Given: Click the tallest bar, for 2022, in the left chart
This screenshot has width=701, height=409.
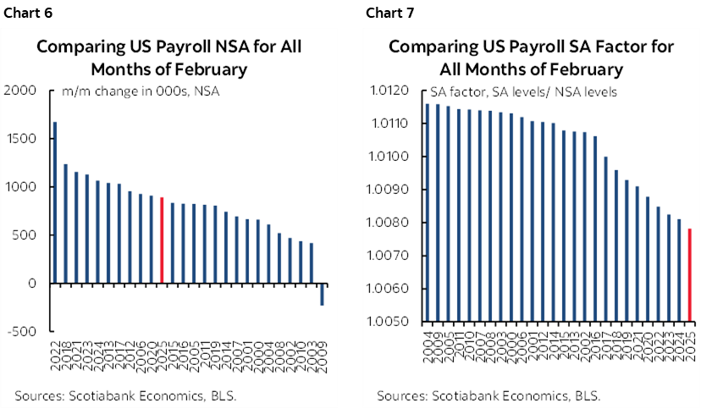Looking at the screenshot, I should [x=55, y=203].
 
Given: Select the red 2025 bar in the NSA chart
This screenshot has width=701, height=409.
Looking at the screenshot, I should [x=162, y=240].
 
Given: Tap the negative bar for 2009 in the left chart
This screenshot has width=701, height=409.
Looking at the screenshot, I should [x=322, y=295].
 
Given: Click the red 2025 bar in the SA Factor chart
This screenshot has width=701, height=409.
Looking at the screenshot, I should [x=690, y=275].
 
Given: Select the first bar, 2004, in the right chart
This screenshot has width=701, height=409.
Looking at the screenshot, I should [x=428, y=213].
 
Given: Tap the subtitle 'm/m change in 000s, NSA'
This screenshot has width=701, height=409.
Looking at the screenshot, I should [x=141, y=91].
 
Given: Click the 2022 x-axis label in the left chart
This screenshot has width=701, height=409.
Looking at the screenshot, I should [x=55, y=355].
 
